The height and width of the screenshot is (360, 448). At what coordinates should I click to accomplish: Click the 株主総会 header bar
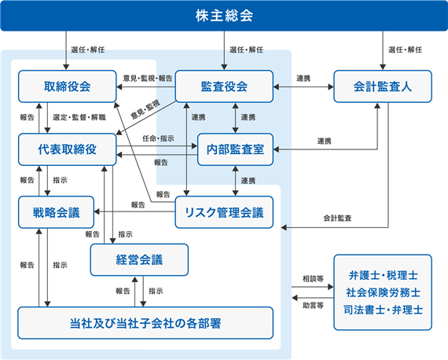click(x=224, y=16)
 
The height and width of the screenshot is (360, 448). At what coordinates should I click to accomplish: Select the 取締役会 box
click(x=68, y=86)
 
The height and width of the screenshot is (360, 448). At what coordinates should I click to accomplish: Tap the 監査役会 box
click(x=224, y=86)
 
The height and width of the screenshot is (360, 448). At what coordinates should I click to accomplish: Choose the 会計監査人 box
click(x=383, y=86)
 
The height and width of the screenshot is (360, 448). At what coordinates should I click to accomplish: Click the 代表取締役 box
click(x=68, y=149)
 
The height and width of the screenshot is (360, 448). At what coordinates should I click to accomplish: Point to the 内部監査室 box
click(x=235, y=149)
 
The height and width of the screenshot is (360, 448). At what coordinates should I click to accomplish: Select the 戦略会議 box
click(x=57, y=212)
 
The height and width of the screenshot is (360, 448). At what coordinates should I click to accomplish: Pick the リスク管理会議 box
click(x=224, y=212)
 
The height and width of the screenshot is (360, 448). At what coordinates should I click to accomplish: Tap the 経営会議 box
click(x=139, y=259)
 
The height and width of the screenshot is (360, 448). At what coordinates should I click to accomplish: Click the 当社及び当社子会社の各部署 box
click(x=145, y=323)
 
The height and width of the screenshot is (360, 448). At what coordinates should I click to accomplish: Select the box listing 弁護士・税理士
click(x=383, y=292)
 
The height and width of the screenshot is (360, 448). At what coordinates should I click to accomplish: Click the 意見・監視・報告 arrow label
click(x=148, y=78)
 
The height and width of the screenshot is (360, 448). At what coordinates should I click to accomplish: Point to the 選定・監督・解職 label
click(x=79, y=117)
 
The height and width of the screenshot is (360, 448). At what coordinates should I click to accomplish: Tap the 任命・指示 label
click(x=158, y=138)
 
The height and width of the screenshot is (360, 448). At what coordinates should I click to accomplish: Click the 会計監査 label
click(x=337, y=219)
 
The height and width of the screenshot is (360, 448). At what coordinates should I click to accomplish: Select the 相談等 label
click(x=313, y=278)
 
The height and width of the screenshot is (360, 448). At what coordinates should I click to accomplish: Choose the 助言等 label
click(x=313, y=306)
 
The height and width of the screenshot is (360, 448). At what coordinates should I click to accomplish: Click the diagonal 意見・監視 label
click(x=145, y=110)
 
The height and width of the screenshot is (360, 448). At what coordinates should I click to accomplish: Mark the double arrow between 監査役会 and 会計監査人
click(x=303, y=86)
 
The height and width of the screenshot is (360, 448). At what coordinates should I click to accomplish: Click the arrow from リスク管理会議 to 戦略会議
click(x=134, y=211)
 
